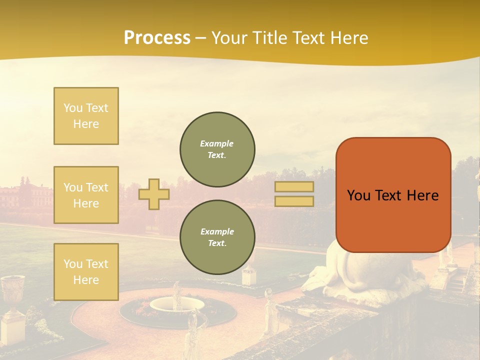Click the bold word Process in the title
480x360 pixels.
tap(157, 37)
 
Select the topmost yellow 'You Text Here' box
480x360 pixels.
tap(86, 116)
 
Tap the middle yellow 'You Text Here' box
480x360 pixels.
tap(86, 195)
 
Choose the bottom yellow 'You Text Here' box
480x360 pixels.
tap(86, 271)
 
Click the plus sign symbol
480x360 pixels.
tap(154, 194)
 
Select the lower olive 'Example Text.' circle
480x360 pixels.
tap(217, 237)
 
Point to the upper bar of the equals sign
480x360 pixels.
tap(294, 187)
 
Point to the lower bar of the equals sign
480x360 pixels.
tap(294, 201)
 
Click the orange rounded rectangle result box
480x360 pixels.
tap(393, 195)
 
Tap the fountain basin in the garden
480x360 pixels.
tap(177, 304)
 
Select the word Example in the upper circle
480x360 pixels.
tap(217, 143)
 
